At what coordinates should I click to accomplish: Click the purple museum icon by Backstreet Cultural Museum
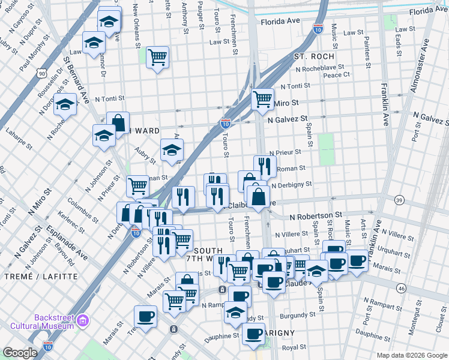click(x=82, y=321)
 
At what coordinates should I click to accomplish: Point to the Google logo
click(x=20, y=353)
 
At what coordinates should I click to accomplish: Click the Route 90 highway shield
click(x=41, y=73)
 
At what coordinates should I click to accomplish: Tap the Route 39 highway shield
click(x=399, y=199)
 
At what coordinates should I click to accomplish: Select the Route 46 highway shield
click(x=401, y=289)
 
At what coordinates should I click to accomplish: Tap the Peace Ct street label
click(x=336, y=75)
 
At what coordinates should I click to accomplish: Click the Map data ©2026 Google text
click(x=411, y=355)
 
